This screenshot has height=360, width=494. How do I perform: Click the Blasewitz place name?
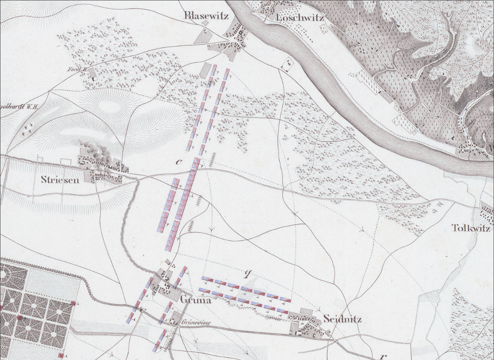point(203,16)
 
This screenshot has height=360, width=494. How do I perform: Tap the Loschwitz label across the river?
point(300,18)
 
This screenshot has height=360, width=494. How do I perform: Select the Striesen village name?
point(60,179)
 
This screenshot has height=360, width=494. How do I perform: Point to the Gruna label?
point(195,300)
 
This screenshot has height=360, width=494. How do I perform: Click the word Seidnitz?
point(342,319)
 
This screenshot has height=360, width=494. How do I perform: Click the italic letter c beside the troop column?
point(178,162)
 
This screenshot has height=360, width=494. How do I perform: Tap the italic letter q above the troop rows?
point(248,274)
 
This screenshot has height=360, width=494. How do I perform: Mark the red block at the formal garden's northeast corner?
point(74,303)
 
